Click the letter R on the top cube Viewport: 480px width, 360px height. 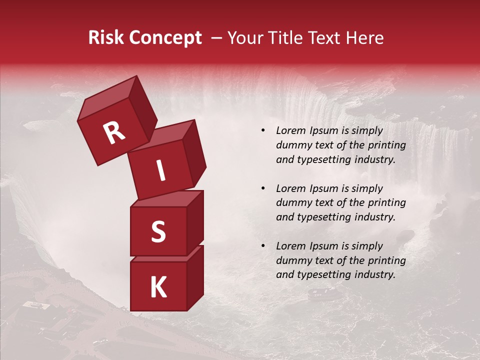point(114,133)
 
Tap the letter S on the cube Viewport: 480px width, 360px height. point(158,231)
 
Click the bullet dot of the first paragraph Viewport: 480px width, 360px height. point(263,130)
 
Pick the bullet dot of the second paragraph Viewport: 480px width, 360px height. point(263,188)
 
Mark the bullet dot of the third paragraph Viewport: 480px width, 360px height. point(263,246)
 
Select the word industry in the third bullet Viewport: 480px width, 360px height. point(374,274)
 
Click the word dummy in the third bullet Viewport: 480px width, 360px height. point(292,260)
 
